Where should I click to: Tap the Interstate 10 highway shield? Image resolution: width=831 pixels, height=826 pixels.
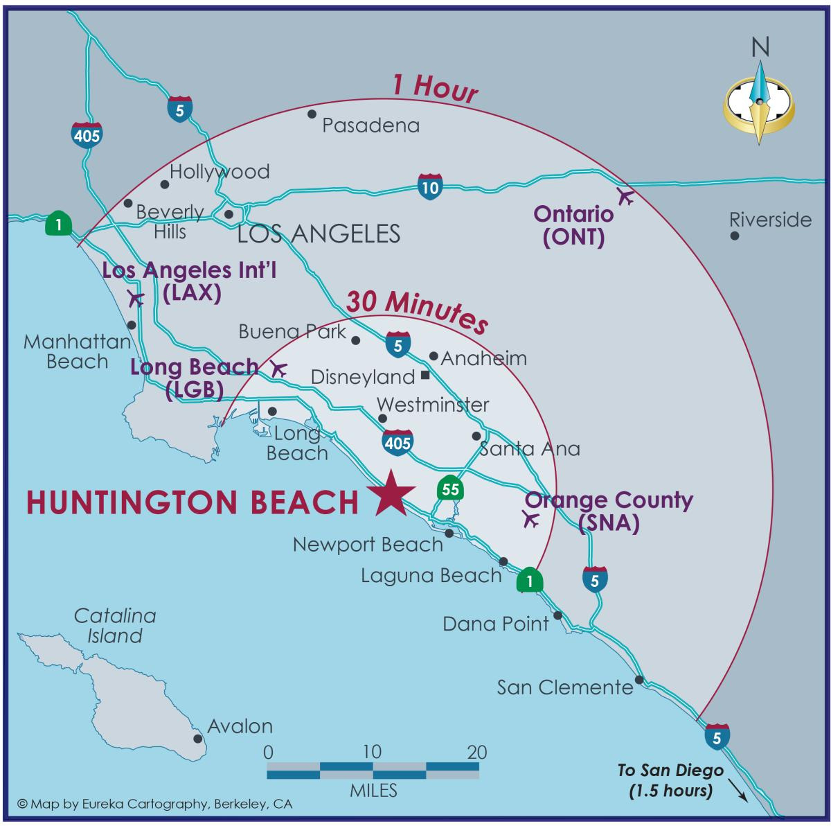tap(429, 186)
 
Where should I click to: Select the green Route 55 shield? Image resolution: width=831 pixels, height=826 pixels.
tap(450, 489)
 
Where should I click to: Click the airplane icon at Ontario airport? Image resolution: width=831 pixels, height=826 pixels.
tap(625, 196)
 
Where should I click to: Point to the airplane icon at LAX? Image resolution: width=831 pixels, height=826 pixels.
tap(136, 299)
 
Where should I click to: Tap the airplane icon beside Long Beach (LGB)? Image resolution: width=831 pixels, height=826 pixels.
tap(278, 369)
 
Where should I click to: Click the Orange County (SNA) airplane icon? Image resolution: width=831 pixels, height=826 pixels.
tap(531, 519)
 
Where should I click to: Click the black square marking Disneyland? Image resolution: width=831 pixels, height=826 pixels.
tap(425, 376)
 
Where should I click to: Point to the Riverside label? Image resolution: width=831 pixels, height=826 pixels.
tap(770, 220)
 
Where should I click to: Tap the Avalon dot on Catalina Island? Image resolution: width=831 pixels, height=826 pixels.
tap(198, 739)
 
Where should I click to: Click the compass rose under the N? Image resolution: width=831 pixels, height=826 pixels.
tap(760, 103)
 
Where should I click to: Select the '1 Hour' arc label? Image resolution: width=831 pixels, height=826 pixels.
tap(435, 89)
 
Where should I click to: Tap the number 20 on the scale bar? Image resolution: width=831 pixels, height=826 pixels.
tap(477, 752)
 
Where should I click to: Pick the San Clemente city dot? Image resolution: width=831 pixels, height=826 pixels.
tap(639, 680)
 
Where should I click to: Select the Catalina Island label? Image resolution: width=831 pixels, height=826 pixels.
tap(115, 625)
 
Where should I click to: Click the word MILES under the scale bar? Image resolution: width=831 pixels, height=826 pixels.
tap(373, 790)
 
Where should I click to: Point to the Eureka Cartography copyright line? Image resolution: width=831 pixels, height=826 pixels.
tap(155, 805)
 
